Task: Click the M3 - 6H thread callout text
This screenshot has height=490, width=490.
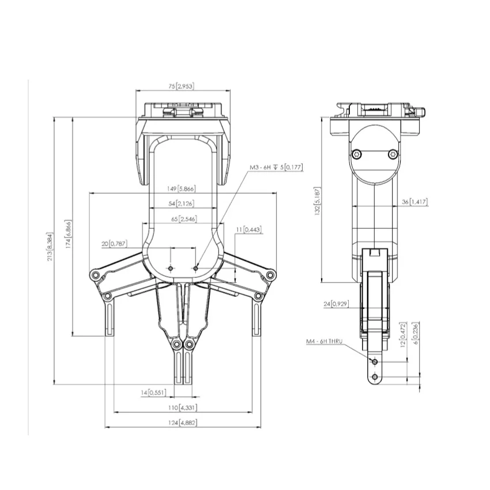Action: tap(276, 167)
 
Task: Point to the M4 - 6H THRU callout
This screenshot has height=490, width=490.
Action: tap(324, 341)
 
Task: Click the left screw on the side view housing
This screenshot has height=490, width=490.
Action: tap(357, 153)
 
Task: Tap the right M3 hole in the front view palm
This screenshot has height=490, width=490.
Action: tap(196, 268)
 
